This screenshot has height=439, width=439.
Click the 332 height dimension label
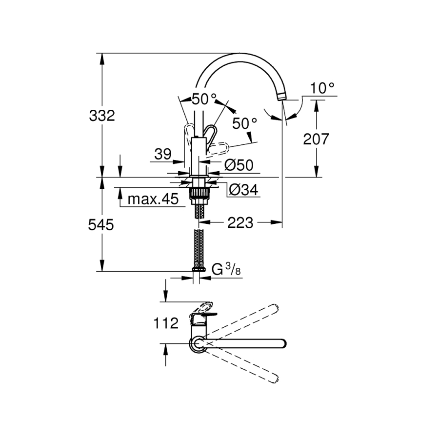[x=102, y=116]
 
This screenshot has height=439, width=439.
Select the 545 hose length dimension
[x=101, y=225]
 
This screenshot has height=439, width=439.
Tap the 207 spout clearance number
[x=316, y=139]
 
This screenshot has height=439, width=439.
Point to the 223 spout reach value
[x=240, y=223]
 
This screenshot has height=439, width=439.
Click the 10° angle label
[x=322, y=88]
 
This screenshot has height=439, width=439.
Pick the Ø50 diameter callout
[x=239, y=165]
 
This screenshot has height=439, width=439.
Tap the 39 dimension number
[x=162, y=155]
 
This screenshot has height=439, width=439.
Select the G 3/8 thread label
[x=227, y=269]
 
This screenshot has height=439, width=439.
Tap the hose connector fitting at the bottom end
[x=199, y=269]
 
